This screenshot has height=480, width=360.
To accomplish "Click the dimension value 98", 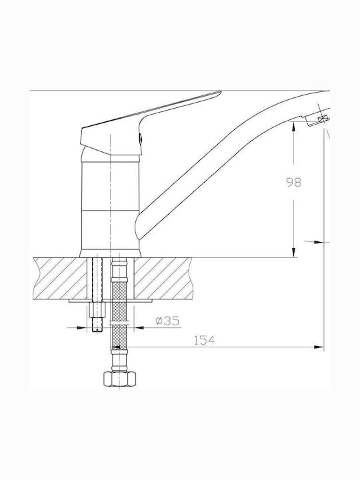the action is click(293, 182).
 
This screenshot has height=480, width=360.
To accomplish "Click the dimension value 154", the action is click(204, 340).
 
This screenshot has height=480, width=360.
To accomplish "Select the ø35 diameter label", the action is click(167, 321).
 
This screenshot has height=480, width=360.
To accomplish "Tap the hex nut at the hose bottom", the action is click(120, 379).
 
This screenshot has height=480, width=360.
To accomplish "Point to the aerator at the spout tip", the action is click(319, 119).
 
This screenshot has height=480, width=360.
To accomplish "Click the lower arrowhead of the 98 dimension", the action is click(293, 252).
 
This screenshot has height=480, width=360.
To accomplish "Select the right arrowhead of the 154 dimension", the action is click(319, 347).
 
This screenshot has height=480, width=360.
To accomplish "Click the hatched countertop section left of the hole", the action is click(60, 278).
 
